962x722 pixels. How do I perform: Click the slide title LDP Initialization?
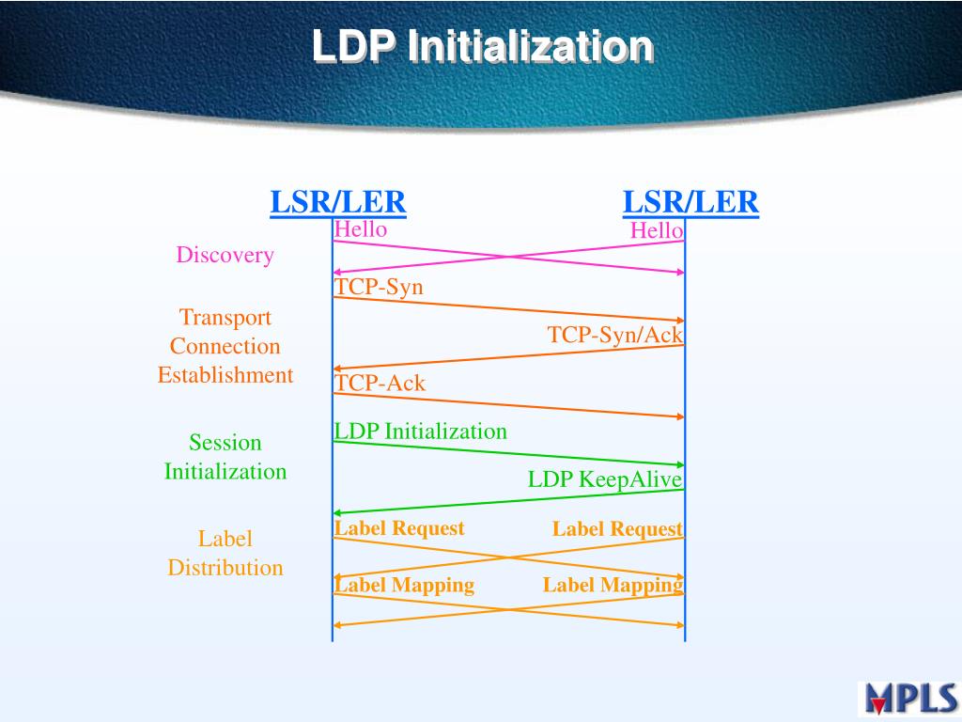point(482,46)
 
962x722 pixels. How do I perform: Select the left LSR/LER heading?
point(338,201)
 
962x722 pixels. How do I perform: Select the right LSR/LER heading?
point(690,201)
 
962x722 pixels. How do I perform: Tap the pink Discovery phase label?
point(225,255)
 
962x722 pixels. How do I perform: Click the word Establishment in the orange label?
point(225,375)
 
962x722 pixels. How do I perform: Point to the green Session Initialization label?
point(225,457)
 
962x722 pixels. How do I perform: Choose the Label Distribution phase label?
point(225,553)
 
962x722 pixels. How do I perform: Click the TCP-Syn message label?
point(380,288)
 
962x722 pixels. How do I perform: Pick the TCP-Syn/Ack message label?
point(615,335)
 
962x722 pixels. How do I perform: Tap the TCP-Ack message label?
point(380,384)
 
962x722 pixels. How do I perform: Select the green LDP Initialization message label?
point(421,432)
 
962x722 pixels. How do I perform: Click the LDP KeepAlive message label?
point(605,479)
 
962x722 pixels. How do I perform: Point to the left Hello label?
point(361,228)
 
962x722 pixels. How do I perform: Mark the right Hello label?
point(657,230)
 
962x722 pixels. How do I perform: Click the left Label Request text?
point(399,528)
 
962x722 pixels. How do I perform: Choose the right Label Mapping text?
point(613,585)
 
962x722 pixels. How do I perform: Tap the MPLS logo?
point(908,698)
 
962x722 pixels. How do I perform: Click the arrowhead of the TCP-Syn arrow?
point(679,321)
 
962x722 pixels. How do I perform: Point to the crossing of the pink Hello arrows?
point(508,257)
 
